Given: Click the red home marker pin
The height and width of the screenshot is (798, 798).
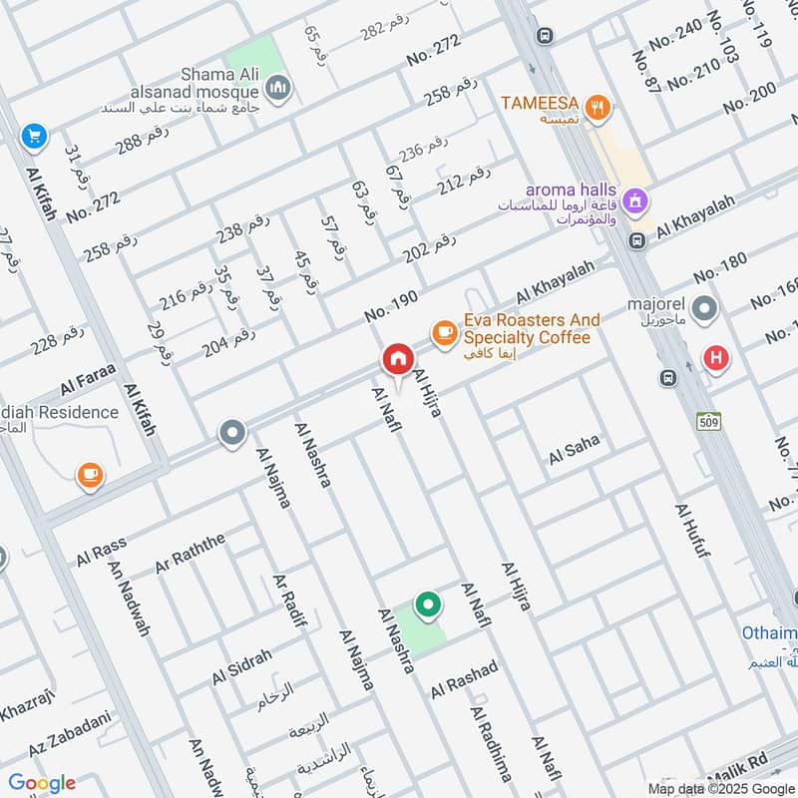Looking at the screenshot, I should [x=397, y=359].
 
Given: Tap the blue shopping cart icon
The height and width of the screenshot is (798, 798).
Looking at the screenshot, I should [x=34, y=136].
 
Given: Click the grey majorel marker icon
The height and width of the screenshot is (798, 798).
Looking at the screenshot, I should [x=705, y=310].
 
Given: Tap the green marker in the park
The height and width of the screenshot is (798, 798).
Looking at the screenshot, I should [x=428, y=604].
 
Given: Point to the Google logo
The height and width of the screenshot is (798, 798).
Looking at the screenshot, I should [x=42, y=782].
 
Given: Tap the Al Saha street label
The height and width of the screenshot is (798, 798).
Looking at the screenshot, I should [x=574, y=450].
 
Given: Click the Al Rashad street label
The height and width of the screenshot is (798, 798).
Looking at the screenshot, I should [x=464, y=679].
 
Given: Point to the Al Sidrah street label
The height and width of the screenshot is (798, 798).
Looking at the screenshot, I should [x=241, y=667].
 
